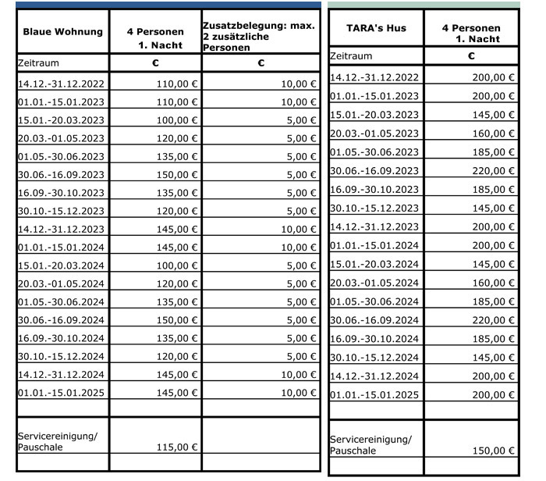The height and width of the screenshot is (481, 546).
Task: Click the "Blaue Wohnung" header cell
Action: coord(62,33)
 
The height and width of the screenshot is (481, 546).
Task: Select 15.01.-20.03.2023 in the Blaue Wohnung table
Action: coord(61,120)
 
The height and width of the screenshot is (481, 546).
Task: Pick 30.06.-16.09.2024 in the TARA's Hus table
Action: coord(374,320)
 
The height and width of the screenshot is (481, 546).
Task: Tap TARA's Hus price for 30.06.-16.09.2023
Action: coord(493,171)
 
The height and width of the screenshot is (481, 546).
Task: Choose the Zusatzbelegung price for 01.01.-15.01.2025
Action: coord(293,392)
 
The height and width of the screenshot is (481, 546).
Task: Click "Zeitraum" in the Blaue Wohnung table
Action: coord(38,62)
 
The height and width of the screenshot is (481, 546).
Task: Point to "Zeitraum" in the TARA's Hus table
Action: coord(351,56)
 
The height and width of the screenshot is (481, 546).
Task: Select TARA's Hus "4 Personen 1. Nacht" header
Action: coord(470,34)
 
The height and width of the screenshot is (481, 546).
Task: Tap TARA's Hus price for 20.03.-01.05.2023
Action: coord(493,134)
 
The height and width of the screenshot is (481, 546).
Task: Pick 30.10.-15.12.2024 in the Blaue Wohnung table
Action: coord(61,357)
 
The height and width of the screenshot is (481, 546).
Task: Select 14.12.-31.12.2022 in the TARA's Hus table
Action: coord(374,77)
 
